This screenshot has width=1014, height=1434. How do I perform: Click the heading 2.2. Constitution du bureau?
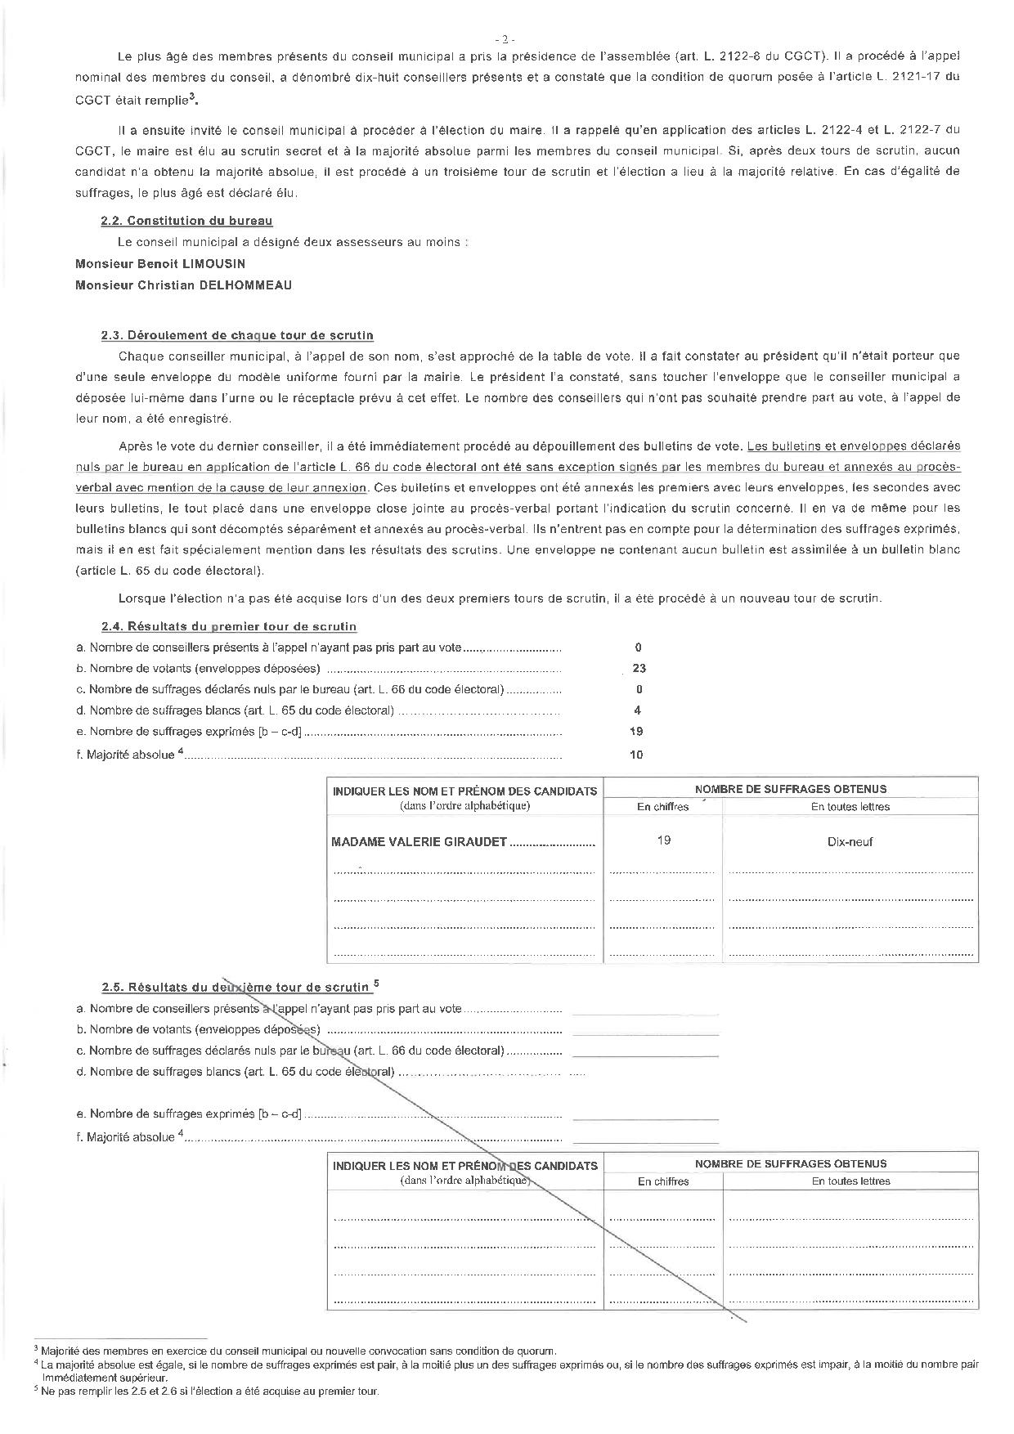pyautogui.click(x=186, y=221)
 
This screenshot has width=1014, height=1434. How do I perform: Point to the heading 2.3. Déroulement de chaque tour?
pyautogui.click(x=237, y=335)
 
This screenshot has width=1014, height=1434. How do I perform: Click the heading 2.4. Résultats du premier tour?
pyautogui.click(x=229, y=626)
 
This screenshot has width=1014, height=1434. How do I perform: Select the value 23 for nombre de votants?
pyautogui.click(x=639, y=668)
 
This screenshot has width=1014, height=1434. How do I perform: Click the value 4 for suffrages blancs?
pyautogui.click(x=638, y=710)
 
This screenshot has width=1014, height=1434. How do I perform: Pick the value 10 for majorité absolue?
pyautogui.click(x=636, y=755)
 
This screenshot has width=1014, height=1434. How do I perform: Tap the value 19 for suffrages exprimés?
pyautogui.click(x=636, y=732)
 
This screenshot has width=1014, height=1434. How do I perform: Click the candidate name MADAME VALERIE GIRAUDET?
pyautogui.click(x=420, y=841)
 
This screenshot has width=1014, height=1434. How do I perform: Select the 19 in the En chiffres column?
pyautogui.click(x=663, y=840)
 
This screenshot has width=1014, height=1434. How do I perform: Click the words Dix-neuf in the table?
pyautogui.click(x=850, y=841)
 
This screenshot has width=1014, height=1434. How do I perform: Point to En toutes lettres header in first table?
pyautogui.click(x=850, y=806)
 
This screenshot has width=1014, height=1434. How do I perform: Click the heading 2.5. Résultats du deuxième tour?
pyautogui.click(x=236, y=987)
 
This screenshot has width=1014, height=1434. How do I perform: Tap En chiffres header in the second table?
pyautogui.click(x=663, y=1181)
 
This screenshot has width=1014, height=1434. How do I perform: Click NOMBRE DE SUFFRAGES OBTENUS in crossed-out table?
pyautogui.click(x=790, y=1163)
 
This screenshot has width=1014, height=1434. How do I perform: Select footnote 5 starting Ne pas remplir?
pyautogui.click(x=209, y=1391)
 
